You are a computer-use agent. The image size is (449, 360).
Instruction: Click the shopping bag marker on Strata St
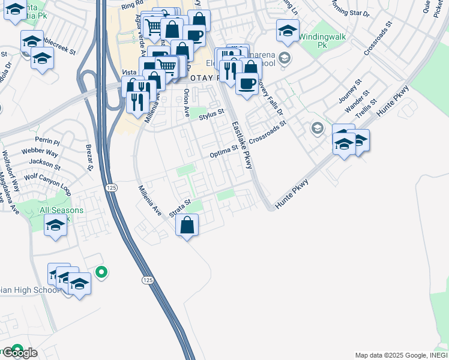pos(187,226)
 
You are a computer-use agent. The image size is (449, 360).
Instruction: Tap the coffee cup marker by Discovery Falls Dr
pos(247,83)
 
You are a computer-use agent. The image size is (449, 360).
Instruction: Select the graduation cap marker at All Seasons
pos(56,226)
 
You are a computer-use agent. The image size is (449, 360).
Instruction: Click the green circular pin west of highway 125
pos(101,273)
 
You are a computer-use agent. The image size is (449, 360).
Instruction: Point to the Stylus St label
pos(211,113)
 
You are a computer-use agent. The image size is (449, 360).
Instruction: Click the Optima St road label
pos(224,154)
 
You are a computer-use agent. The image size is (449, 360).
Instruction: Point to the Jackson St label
pos(41,162)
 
